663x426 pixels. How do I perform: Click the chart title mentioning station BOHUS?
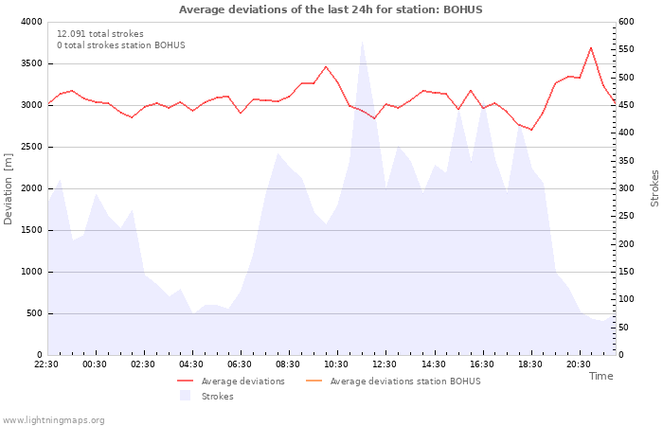pyautogui.click(x=331, y=9)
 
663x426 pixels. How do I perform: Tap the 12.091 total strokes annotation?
pyautogui.click(x=100, y=34)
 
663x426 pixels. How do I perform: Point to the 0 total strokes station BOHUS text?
pyautogui.click(x=121, y=45)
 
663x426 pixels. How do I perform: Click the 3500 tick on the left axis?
pyautogui.click(x=31, y=63)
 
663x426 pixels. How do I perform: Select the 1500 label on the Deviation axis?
pyautogui.click(x=31, y=230)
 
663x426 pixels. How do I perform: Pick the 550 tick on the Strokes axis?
pyautogui.click(x=626, y=49)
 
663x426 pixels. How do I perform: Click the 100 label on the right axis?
pyautogui.click(x=626, y=299)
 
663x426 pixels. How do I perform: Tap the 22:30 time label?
pyautogui.click(x=46, y=364)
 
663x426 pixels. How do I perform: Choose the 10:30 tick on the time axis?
pyautogui.click(x=336, y=364)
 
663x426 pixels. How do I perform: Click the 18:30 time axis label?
pyautogui.click(x=530, y=364)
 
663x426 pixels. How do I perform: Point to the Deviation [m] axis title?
pyautogui.click(x=8, y=189)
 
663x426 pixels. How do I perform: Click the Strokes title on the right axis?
pyautogui.click(x=654, y=188)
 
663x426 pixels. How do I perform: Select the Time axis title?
pyautogui.click(x=600, y=376)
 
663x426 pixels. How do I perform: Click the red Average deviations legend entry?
pyautogui.click(x=231, y=382)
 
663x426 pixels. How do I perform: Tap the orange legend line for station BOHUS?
pyautogui.click(x=314, y=381)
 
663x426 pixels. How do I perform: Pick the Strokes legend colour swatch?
pyautogui.click(x=185, y=395)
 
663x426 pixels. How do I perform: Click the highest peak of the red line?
pyautogui.click(x=591, y=47)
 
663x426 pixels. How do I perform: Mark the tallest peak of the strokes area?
pyautogui.click(x=362, y=42)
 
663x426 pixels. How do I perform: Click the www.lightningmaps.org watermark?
pyautogui.click(x=53, y=420)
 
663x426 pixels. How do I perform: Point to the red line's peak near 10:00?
pyautogui.click(x=325, y=67)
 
